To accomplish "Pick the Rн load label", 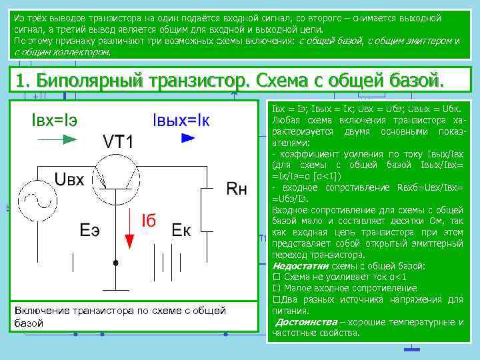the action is coord(237,189).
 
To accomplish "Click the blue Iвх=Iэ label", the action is coord(54,120).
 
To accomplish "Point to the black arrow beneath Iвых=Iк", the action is coord(189,138).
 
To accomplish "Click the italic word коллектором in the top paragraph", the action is coord(78,51).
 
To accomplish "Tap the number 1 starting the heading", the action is coord(21,81).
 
